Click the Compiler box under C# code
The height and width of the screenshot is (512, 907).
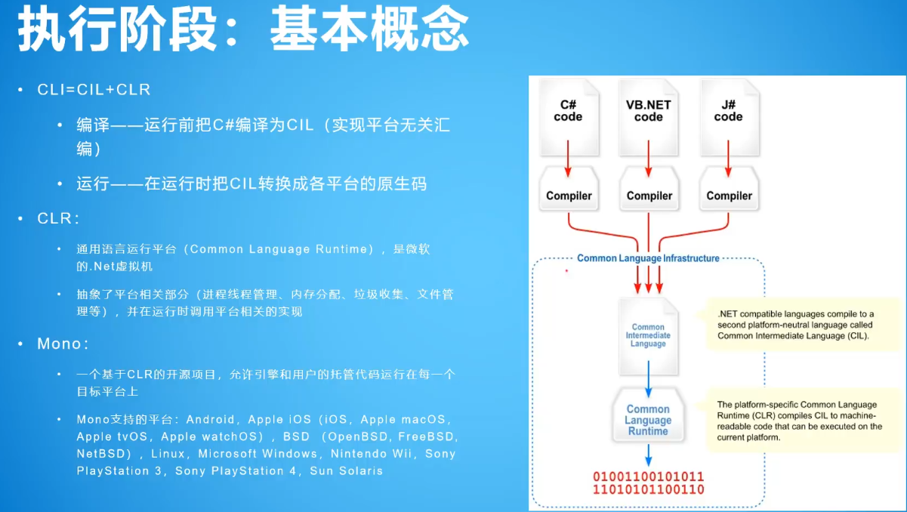point(569,196)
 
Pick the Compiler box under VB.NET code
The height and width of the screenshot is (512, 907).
point(649,196)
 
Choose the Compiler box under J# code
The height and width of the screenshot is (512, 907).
point(729,196)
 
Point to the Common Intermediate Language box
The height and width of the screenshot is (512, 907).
point(648,335)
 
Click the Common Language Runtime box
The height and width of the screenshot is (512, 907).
point(648,419)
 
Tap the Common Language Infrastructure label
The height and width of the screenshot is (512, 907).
point(648,258)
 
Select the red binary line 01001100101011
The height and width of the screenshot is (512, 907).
point(648,477)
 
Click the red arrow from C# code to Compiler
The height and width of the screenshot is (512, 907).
point(569,159)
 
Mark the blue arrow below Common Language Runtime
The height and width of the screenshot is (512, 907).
point(648,455)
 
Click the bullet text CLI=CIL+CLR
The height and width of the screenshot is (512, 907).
point(94,90)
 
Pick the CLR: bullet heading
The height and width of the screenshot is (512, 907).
point(58,219)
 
